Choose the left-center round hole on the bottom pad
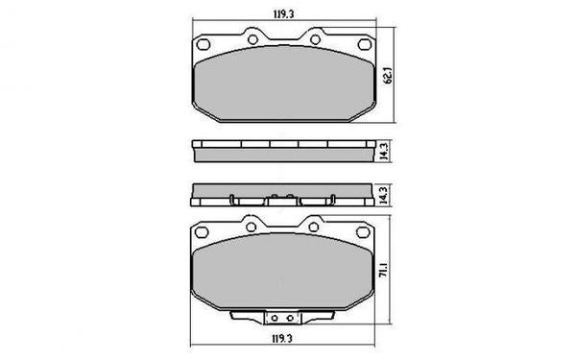(252, 227)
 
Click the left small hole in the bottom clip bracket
(273, 320)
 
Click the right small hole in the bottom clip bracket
(286, 320)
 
